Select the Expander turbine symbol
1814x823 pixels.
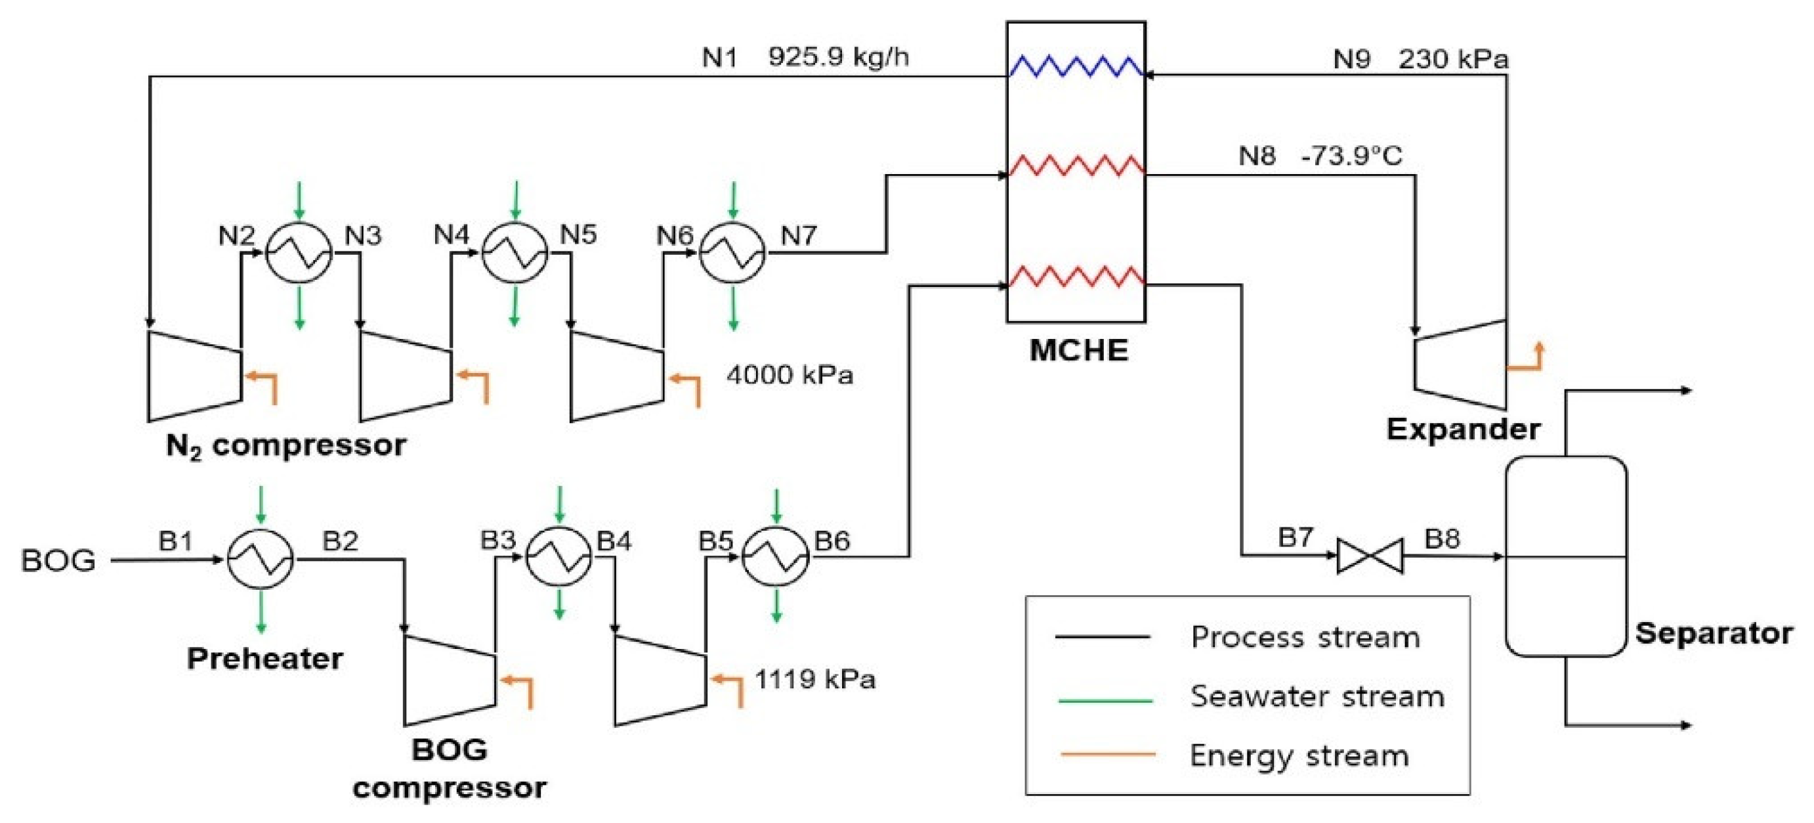click(1460, 365)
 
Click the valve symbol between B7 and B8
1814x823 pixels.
click(1369, 556)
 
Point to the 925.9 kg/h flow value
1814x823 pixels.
click(838, 57)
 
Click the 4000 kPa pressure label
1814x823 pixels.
click(790, 375)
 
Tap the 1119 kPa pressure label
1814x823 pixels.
click(814, 679)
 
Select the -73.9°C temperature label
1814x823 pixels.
click(1351, 156)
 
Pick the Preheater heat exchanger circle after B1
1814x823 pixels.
click(261, 560)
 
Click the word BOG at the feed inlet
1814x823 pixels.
click(58, 561)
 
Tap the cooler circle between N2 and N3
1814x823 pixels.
click(299, 253)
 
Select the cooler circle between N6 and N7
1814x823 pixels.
click(732, 253)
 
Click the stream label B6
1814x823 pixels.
click(832, 541)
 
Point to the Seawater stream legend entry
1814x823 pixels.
click(1317, 697)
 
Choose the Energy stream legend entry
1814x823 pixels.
click(1299, 756)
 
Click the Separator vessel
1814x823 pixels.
click(1565, 556)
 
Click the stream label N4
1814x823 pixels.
click(452, 234)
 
